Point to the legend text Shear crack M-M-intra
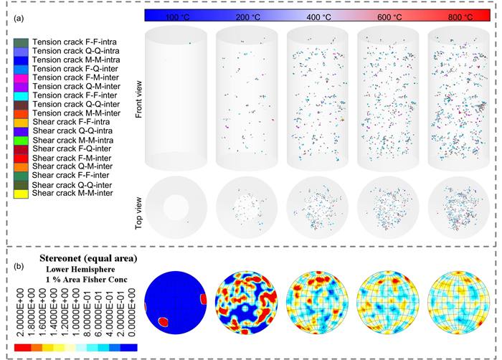coord(71,139)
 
